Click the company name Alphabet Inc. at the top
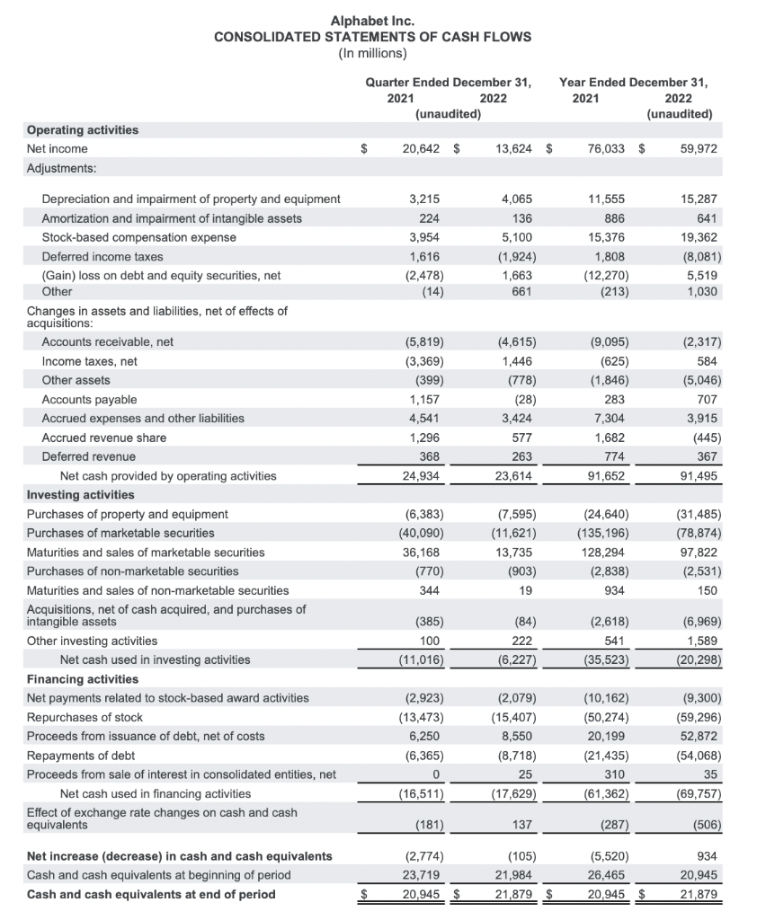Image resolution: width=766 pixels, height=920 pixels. click(x=372, y=20)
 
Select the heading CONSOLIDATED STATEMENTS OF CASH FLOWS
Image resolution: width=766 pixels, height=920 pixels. click(x=372, y=37)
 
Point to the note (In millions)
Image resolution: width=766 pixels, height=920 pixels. click(x=372, y=54)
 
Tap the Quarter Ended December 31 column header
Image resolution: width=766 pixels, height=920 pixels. click(x=448, y=82)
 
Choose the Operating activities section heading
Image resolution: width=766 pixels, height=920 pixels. click(x=83, y=130)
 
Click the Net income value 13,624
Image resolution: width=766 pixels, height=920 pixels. click(x=513, y=149)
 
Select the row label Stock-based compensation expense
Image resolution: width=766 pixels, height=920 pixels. click(x=139, y=237)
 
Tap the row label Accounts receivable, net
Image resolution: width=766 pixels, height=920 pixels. click(x=108, y=341)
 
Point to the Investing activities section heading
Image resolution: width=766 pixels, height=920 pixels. click(x=81, y=495)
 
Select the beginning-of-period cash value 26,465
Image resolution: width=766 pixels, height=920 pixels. click(x=609, y=875)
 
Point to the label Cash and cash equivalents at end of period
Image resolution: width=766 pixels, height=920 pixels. click(x=151, y=894)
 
